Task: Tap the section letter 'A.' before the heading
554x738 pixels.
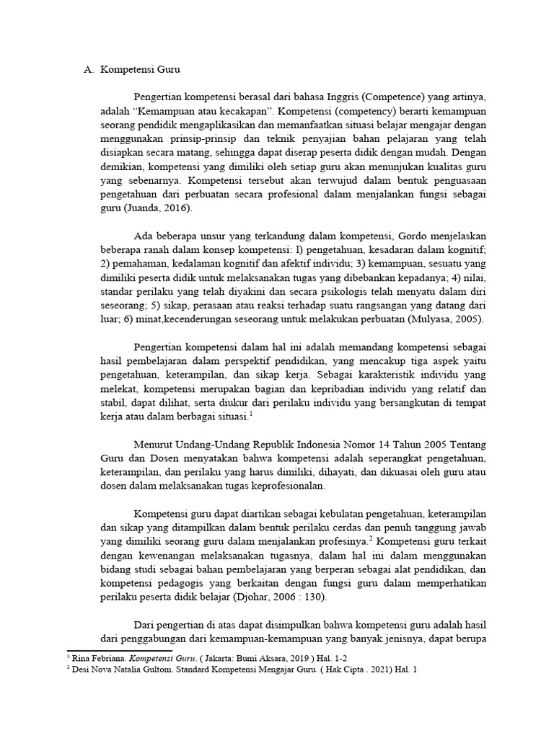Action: pos(89,70)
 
